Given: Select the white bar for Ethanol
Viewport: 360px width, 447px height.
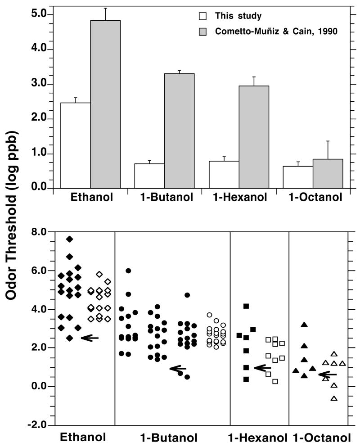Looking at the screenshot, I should [x=76, y=145].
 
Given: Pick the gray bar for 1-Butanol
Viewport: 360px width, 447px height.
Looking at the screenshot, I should [x=179, y=131].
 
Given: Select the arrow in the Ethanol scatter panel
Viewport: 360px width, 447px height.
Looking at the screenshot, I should [x=90, y=338].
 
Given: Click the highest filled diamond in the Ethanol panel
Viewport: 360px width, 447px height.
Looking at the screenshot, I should [x=69, y=239].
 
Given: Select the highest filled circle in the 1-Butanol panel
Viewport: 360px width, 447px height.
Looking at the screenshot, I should [x=128, y=271].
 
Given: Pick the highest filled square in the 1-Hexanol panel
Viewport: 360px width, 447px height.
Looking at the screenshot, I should [x=246, y=307].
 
